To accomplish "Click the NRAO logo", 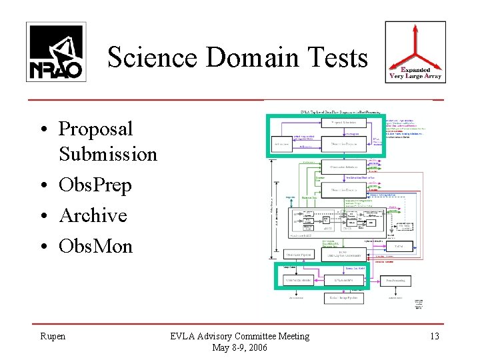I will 55,51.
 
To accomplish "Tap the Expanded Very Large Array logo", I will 415,52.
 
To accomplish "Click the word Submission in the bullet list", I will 108,154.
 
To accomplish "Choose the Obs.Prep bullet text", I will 95,185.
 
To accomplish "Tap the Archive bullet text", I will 93,215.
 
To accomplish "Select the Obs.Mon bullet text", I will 96,246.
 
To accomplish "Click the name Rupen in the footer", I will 53,336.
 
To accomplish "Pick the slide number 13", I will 434,336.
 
